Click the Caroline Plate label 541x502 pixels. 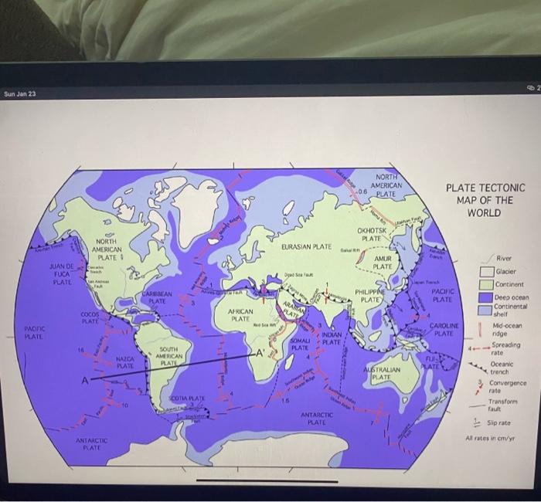tap(443, 330)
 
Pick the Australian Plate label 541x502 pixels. tap(381, 373)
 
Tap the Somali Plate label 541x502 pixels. tap(301, 344)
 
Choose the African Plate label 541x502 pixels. tap(240, 314)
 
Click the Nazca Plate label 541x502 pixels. tap(125, 361)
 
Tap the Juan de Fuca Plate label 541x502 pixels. tap(61, 273)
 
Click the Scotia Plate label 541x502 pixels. tap(186, 398)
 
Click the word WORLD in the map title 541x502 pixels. tap(485, 212)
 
